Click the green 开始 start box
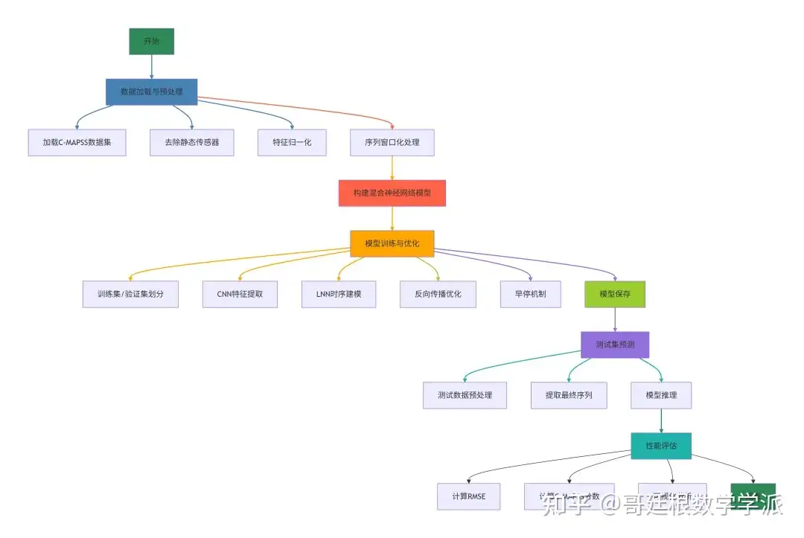pos(151,42)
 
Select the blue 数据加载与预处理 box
pos(151,92)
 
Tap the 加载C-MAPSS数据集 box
pos(77,142)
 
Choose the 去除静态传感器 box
pos(192,142)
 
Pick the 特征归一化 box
pos(292,142)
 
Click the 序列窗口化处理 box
pos(392,142)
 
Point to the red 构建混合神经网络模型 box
pos(392,193)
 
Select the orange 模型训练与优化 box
pos(392,243)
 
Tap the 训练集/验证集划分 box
pos(130,294)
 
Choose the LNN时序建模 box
pos(339,294)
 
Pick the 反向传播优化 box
pos(438,294)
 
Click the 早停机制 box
pos(530,294)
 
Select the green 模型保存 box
pos(615,294)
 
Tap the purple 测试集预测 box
pos(615,345)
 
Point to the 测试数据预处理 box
pos(465,395)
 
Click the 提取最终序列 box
pos(568,395)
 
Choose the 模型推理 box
pos(661,395)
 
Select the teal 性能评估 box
pos(661,446)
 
